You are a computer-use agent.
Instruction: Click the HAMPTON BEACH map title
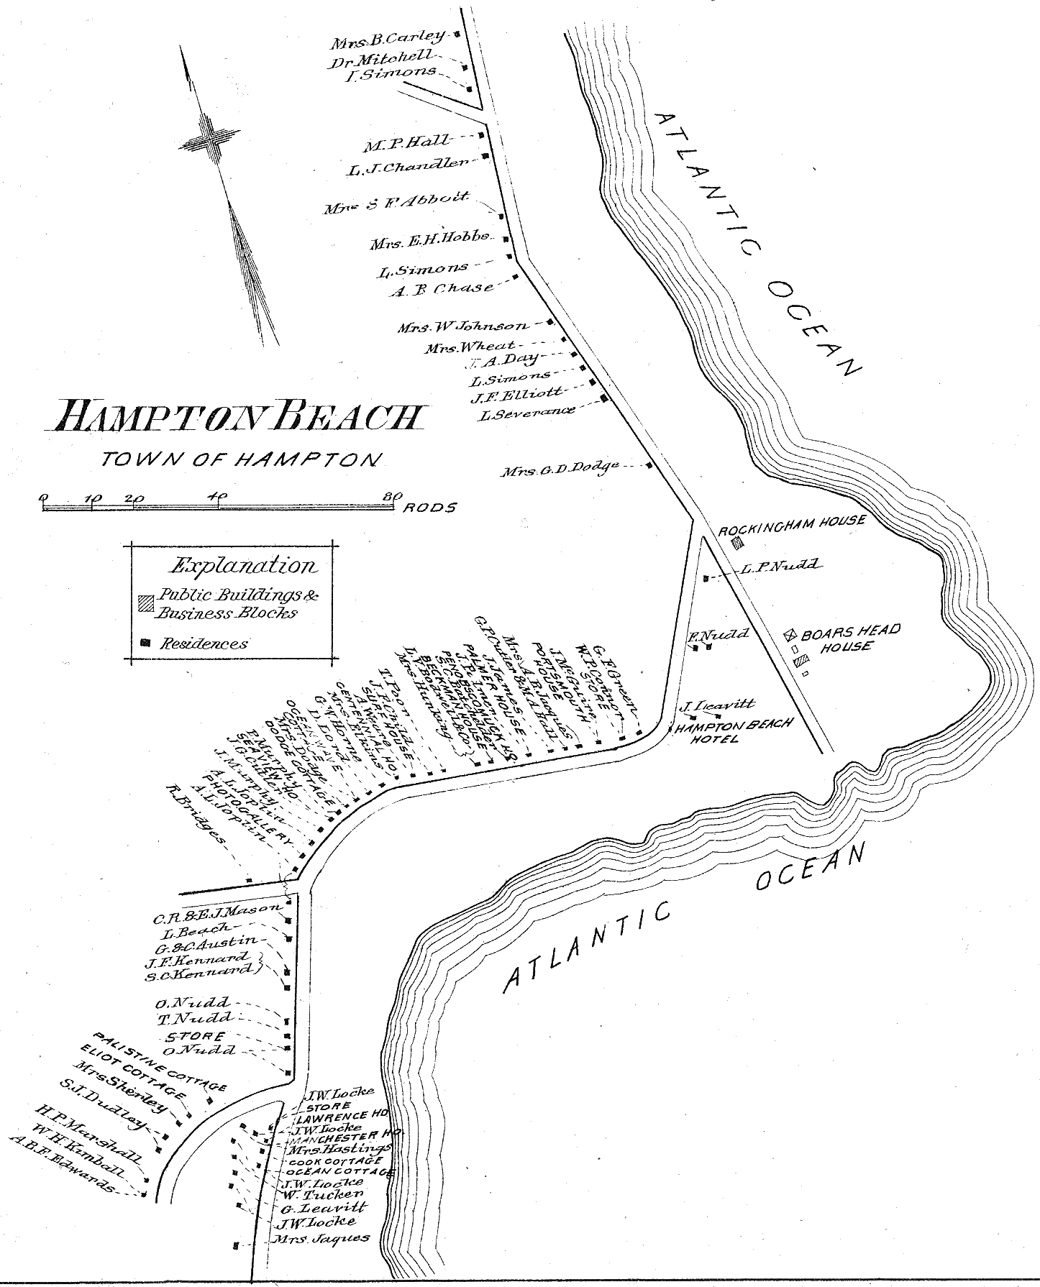click(x=238, y=417)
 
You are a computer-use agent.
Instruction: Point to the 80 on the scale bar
click(x=392, y=496)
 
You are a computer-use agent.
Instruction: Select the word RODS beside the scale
click(x=429, y=508)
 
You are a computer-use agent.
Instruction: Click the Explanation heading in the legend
click(x=242, y=566)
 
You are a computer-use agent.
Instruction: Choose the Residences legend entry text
click(x=204, y=643)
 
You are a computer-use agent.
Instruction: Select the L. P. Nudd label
click(x=780, y=566)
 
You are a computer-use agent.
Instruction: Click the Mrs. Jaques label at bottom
click(x=321, y=1237)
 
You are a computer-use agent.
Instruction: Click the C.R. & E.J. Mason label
click(x=215, y=913)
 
